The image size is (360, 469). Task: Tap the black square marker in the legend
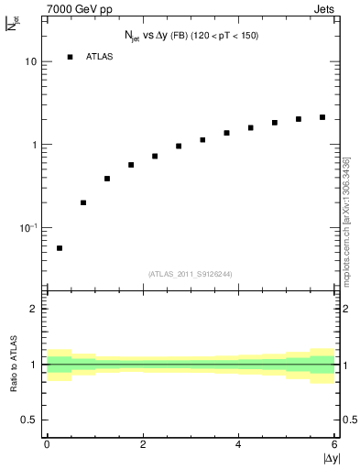tap(70, 57)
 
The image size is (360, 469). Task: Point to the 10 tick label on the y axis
tap(31, 62)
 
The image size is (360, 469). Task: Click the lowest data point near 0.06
tap(60, 248)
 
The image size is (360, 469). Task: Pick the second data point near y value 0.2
tap(83, 202)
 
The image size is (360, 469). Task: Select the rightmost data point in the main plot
tap(322, 117)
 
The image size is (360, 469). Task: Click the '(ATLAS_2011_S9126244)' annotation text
tap(190, 273)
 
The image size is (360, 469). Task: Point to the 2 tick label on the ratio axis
tap(34, 309)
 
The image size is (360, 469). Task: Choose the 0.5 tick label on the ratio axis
tap(29, 420)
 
